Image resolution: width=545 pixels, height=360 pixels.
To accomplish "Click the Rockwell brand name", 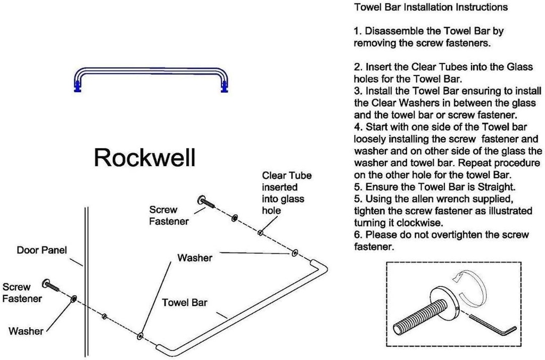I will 144,158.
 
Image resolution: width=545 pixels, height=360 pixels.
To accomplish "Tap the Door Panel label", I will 42,250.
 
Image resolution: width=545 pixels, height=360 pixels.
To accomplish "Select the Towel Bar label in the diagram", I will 185,302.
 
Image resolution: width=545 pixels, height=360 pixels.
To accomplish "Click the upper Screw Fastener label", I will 169,216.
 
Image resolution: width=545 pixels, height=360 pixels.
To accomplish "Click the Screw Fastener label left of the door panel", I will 22,292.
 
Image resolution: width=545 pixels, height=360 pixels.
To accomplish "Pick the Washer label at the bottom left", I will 26,331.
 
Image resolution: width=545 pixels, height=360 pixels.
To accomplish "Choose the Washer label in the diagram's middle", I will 195,258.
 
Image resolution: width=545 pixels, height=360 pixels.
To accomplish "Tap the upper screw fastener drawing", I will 206,201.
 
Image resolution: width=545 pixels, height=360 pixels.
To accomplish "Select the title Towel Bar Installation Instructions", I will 431,7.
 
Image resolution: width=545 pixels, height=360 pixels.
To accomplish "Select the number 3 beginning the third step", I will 357,91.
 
